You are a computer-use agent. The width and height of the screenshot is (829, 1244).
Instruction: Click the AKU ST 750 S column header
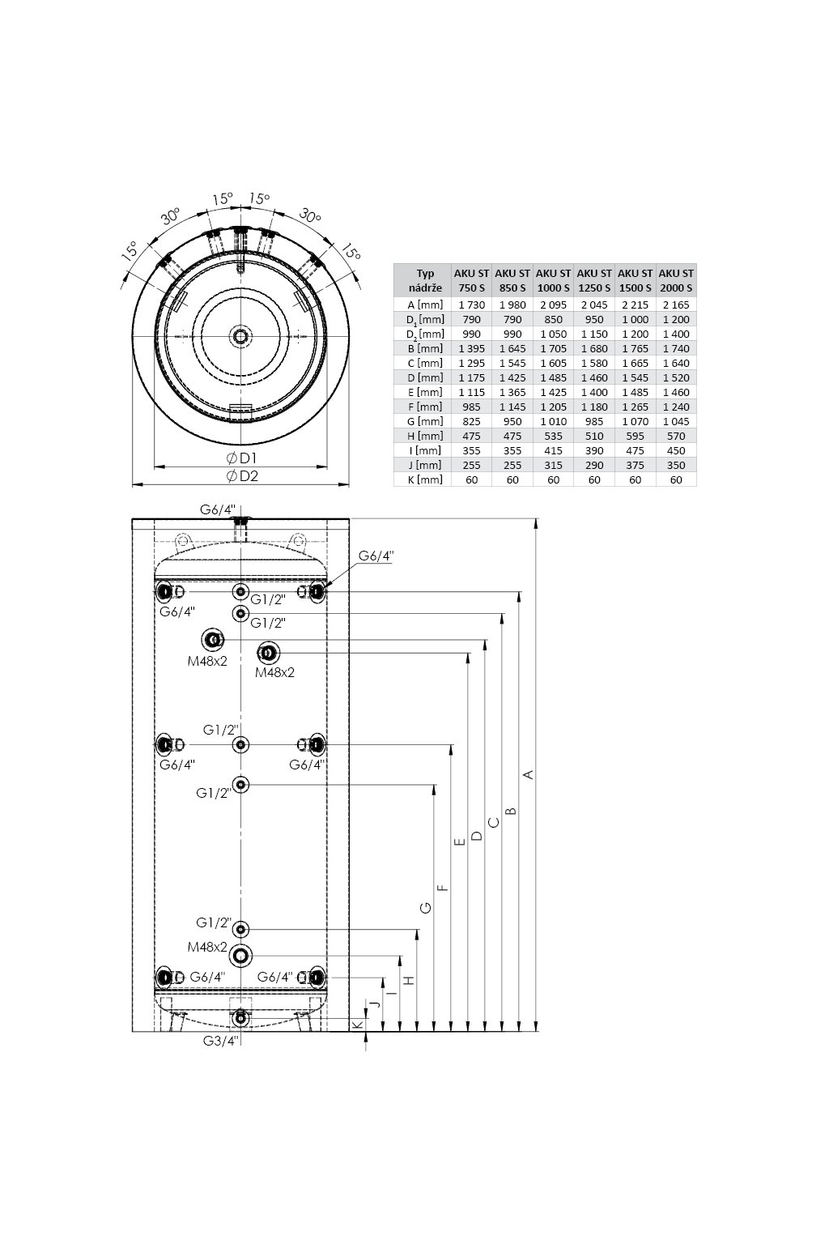click(471, 280)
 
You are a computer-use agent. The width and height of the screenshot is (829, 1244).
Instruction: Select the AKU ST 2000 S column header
click(676, 280)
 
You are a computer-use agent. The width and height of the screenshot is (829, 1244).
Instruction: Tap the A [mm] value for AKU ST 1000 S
click(553, 305)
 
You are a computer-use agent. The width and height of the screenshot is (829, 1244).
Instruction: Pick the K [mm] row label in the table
click(425, 479)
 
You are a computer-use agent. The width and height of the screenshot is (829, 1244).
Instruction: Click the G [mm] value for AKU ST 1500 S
click(636, 421)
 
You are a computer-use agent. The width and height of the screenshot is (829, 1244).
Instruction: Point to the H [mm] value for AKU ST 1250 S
click(594, 436)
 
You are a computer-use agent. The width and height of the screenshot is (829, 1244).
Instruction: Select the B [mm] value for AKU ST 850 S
click(512, 349)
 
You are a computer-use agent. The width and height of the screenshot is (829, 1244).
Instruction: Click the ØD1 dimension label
click(241, 458)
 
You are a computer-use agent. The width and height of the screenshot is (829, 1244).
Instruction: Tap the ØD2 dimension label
click(242, 476)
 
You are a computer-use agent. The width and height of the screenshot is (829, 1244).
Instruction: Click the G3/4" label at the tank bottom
click(220, 1041)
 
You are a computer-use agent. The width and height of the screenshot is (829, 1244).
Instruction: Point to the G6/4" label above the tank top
click(218, 509)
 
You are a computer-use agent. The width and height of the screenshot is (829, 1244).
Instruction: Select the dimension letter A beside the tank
click(529, 773)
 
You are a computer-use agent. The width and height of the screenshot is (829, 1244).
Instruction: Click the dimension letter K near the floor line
click(359, 1024)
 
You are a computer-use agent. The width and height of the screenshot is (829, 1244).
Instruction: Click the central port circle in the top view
click(241, 337)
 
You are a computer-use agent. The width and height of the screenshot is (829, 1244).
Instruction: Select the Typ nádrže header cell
click(425, 280)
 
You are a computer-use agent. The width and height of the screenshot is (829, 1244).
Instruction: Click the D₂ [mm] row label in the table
click(425, 334)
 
